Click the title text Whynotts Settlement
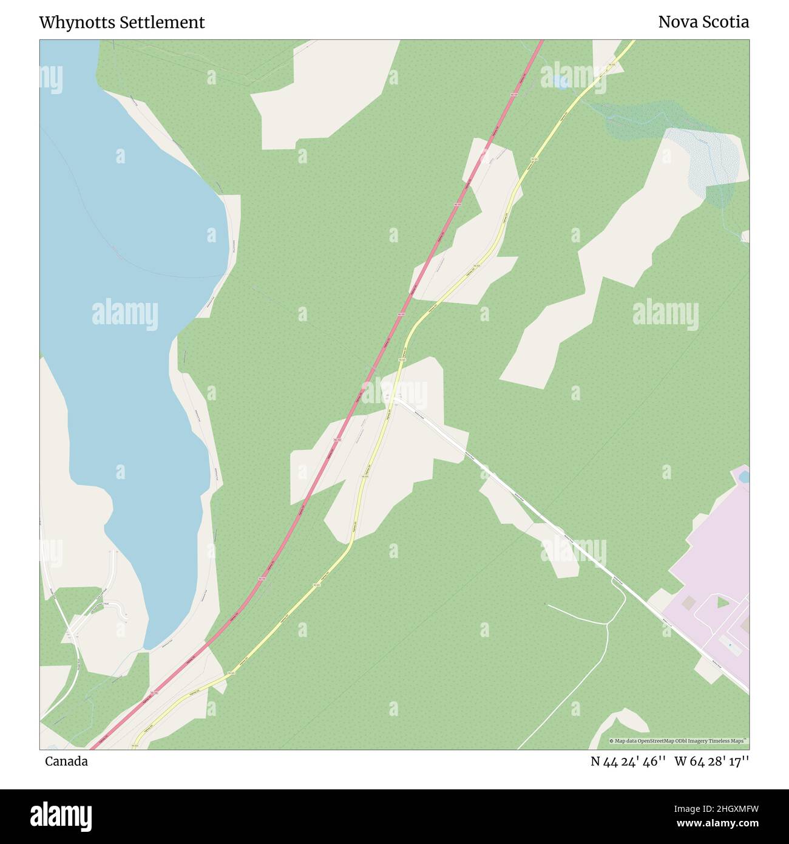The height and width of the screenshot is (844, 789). click(x=121, y=22)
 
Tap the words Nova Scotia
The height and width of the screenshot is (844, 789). click(x=703, y=22)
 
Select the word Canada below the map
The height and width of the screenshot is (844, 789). click(x=66, y=761)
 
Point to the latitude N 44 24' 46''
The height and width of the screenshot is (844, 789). click(x=629, y=761)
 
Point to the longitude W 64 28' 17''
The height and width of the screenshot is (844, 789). click(x=711, y=761)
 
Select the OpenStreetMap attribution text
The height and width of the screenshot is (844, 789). click(x=679, y=741)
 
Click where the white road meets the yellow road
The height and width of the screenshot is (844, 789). click(x=394, y=399)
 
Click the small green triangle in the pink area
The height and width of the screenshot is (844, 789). click(x=722, y=602)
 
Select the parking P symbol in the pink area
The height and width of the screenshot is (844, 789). click(x=730, y=645)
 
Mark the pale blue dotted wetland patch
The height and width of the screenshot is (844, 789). click(x=704, y=158)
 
